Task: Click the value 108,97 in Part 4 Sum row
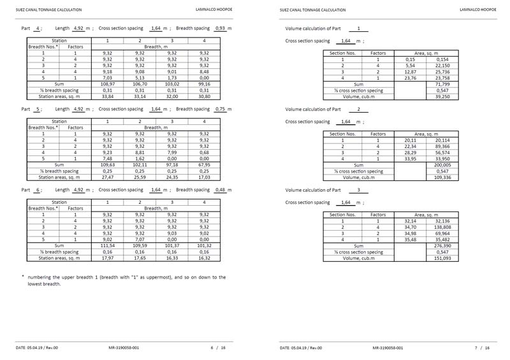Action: (x=108, y=83)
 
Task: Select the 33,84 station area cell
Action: (x=108, y=97)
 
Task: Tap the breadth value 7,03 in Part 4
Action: (x=108, y=76)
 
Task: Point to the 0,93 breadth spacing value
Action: (x=221, y=29)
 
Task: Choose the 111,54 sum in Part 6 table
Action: (x=108, y=240)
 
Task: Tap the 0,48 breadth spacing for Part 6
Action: (x=221, y=191)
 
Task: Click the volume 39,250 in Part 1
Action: (x=442, y=97)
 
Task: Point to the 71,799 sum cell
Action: (x=442, y=83)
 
